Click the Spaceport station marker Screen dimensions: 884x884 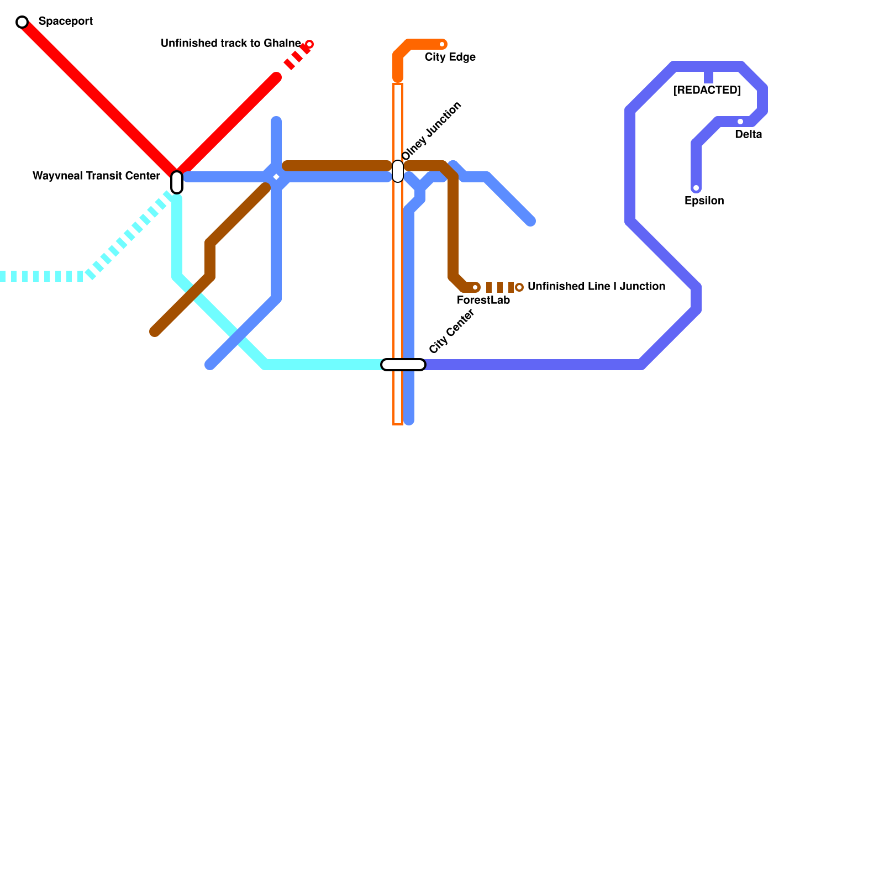[x=22, y=22]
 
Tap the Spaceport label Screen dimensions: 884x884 [x=65, y=22]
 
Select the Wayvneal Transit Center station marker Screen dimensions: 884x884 [x=177, y=182]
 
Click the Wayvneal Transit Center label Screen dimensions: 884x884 [x=96, y=176]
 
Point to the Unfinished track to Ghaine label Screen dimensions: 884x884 [x=230, y=44]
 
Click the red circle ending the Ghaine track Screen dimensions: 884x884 [x=309, y=44]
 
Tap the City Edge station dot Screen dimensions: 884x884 [x=442, y=44]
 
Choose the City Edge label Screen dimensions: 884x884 [x=450, y=57]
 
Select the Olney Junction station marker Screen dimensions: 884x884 [x=398, y=171]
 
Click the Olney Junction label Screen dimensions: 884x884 [x=432, y=131]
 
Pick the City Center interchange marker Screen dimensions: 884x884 [x=403, y=365]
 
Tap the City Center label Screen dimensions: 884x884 [x=451, y=331]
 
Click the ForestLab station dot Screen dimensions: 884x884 [x=475, y=287]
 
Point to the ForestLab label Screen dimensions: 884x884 [x=483, y=301]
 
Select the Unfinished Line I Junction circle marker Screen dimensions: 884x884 [x=519, y=287]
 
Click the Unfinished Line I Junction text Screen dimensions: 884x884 [x=596, y=287]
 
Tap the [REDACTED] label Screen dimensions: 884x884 [x=707, y=91]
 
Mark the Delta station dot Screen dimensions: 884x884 [x=740, y=122]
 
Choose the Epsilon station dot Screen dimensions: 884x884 [x=696, y=188]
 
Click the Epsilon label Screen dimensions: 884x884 [x=704, y=201]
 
